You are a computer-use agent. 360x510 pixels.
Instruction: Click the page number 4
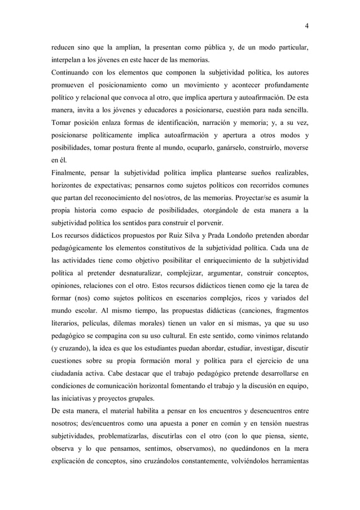pyautogui.click(x=306, y=24)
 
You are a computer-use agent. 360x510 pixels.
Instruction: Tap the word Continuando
pyautogui.click(x=72, y=73)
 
